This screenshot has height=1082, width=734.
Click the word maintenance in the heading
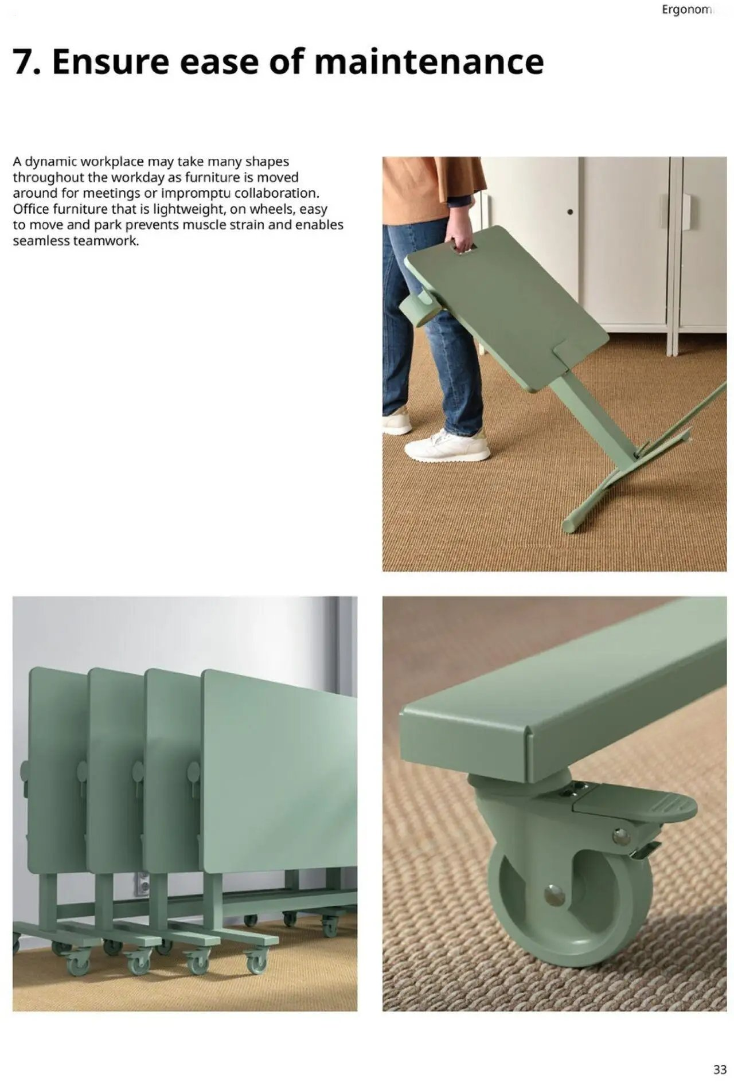(x=429, y=62)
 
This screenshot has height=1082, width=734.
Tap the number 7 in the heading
(x=24, y=62)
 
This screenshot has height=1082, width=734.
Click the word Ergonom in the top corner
(x=686, y=10)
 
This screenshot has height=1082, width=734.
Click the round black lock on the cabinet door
(x=569, y=212)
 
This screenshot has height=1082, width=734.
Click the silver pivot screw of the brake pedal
(x=620, y=837)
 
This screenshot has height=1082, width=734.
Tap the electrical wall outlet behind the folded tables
(x=142, y=884)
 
